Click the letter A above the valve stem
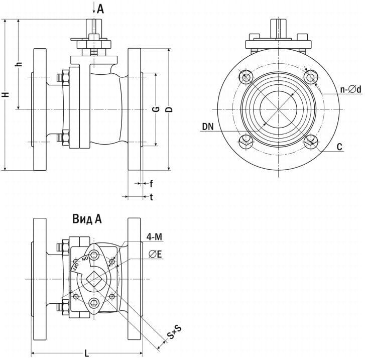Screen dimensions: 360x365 [100, 9]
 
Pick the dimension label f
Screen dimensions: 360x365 [151, 183]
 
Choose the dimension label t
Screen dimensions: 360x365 [151, 197]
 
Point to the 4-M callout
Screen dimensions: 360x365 [154, 236]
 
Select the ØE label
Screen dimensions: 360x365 [155, 255]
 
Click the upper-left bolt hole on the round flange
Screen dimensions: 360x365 [246, 77]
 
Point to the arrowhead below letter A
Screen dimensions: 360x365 [94, 14]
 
